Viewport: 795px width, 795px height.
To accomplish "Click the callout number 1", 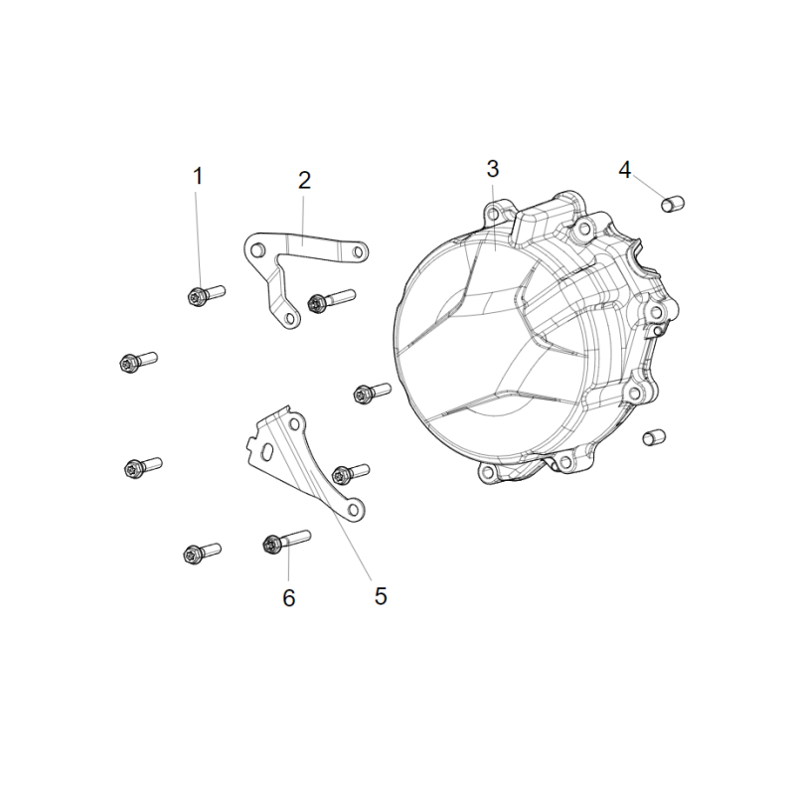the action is (x=198, y=177).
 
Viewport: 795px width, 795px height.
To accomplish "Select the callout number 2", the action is (x=304, y=181).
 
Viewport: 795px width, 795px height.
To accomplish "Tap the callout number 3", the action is (x=492, y=169).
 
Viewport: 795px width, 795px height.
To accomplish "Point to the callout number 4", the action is (x=625, y=170).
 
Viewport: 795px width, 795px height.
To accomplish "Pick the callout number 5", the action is (x=381, y=596).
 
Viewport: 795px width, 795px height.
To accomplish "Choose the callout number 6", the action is (x=288, y=598).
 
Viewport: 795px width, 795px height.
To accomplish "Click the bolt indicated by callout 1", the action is (x=206, y=294).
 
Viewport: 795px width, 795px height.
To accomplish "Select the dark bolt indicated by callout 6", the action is (x=286, y=541).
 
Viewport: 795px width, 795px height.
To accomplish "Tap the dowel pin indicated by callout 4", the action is (x=673, y=204).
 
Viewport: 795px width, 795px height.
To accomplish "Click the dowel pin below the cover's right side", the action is (x=654, y=437).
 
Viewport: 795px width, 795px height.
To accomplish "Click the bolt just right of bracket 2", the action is (x=332, y=301).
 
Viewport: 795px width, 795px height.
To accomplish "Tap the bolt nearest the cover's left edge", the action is (x=372, y=393).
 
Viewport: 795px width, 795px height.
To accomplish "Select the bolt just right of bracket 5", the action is (x=351, y=474).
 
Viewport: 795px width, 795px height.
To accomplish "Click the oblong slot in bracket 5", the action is (x=267, y=452).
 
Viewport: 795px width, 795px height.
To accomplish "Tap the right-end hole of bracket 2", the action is (x=358, y=251).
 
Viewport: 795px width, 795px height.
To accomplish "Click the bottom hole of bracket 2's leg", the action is (x=290, y=318).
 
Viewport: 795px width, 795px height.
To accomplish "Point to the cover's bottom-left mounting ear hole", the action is (x=488, y=474).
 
